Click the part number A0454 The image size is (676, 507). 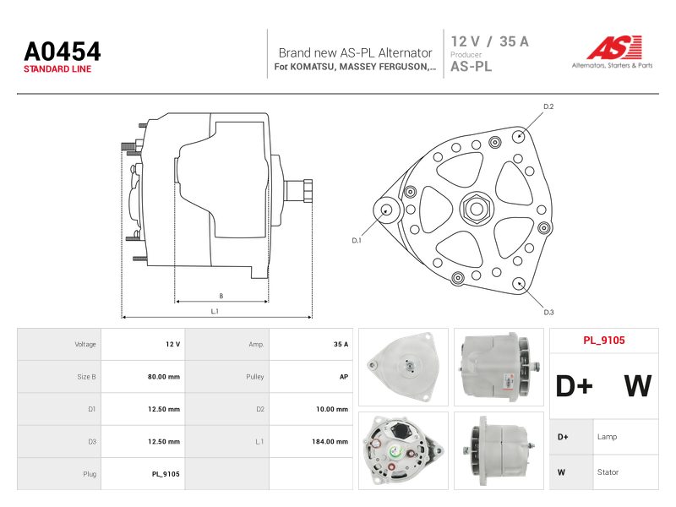tap(63, 52)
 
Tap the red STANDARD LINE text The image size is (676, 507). tap(57, 69)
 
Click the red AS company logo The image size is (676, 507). tap(614, 47)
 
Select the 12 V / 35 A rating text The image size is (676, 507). tap(490, 41)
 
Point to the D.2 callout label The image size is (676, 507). tap(548, 106)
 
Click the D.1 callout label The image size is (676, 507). tap(357, 241)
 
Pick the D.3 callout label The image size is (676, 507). tap(548, 312)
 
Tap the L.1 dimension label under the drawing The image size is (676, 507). tap(215, 311)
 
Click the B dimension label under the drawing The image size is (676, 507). tap(221, 296)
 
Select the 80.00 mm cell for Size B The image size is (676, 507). tap(164, 377)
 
